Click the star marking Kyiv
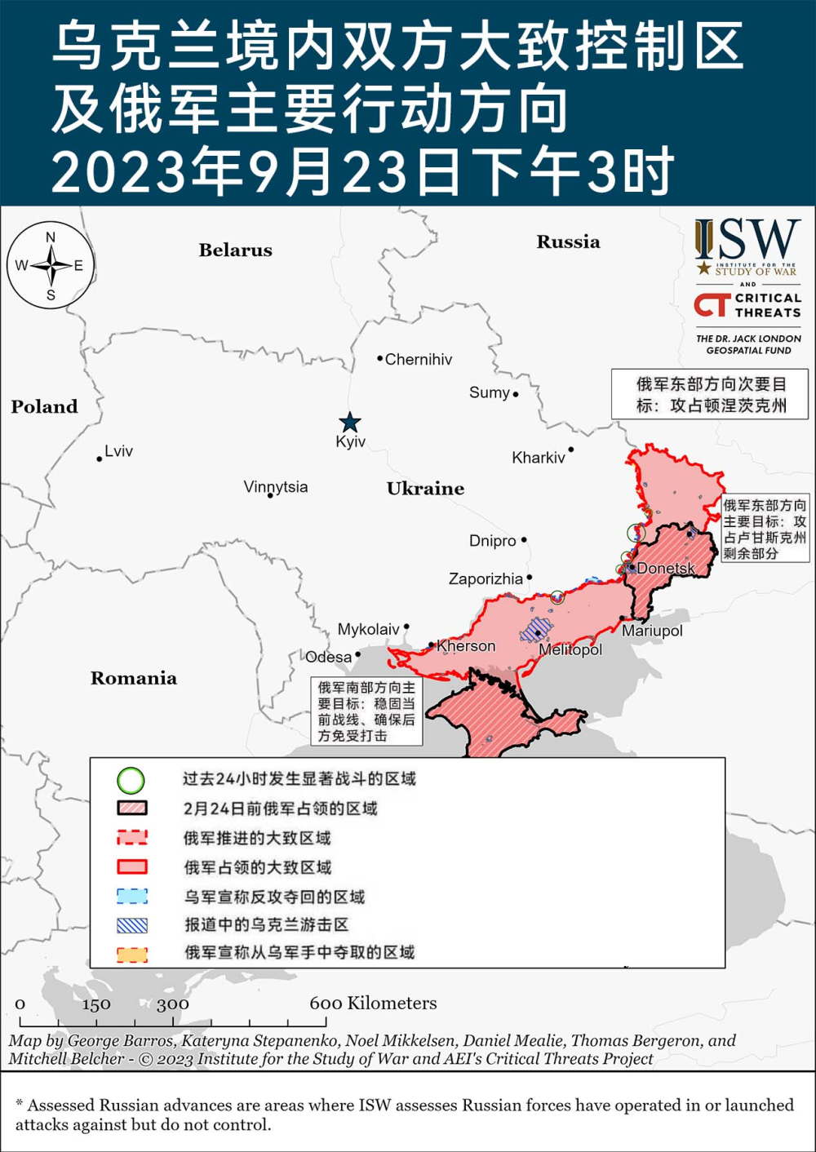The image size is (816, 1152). (350, 422)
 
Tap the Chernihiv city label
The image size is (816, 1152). (418, 360)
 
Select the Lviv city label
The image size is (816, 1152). (118, 451)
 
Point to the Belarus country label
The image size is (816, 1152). (235, 250)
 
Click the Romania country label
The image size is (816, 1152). (134, 678)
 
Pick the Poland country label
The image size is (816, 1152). (44, 406)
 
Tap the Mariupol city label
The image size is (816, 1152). (652, 631)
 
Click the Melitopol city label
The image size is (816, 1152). (570, 649)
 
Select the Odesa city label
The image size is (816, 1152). (329, 657)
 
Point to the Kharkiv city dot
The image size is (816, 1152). (571, 450)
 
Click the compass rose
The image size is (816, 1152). (51, 265)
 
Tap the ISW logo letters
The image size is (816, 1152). (747, 239)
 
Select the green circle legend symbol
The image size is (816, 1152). (131, 781)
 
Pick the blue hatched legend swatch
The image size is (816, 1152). (132, 925)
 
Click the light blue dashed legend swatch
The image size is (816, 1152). (132, 897)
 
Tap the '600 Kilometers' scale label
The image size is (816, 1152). (373, 1004)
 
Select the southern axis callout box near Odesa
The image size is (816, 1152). (366, 711)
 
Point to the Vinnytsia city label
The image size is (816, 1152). (276, 487)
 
